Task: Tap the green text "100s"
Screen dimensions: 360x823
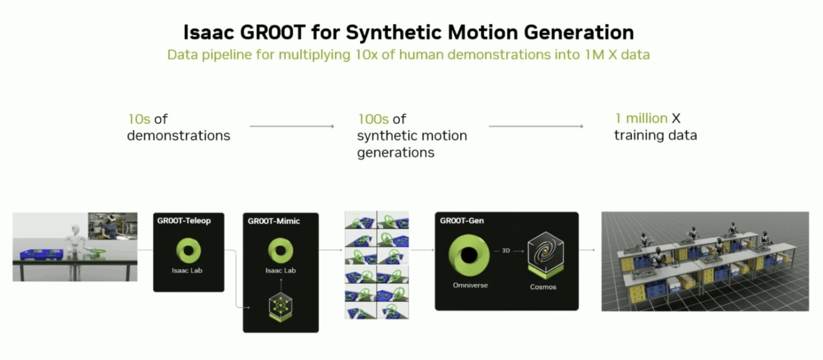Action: point(373,118)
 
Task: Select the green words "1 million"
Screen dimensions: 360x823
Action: point(641,118)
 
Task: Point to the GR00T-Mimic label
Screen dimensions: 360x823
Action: point(273,220)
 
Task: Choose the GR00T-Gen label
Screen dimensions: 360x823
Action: point(461,220)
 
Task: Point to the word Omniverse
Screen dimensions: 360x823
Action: point(470,286)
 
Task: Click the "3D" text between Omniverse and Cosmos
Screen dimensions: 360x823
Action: point(505,250)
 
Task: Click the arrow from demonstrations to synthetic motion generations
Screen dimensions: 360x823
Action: point(292,126)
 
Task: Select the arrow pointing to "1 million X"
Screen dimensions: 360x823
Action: point(536,126)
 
